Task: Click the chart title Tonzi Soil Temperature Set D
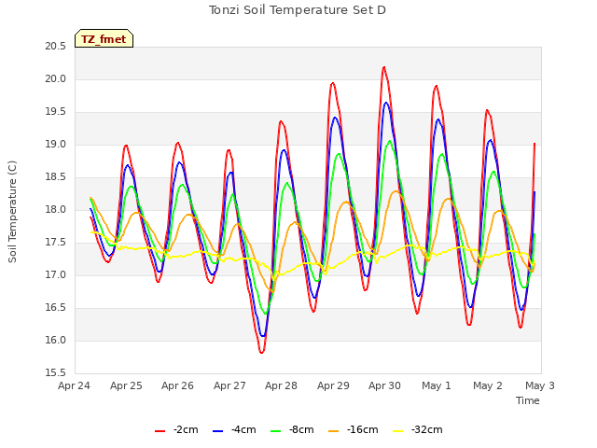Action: pos(298,10)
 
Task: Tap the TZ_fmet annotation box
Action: pos(104,38)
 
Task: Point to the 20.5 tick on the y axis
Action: pos(56,47)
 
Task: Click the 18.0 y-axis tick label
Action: pos(56,210)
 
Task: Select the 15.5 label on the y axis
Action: pos(56,373)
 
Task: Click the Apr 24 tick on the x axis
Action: pos(75,385)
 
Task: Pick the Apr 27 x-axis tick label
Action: pos(229,385)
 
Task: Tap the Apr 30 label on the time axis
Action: pos(384,385)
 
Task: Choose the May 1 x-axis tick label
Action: pos(437,385)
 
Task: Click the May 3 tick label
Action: pos(540,385)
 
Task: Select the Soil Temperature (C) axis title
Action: pos(12,212)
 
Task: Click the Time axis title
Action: pos(528,400)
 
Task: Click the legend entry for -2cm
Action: pos(176,430)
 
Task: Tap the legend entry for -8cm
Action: pos(292,430)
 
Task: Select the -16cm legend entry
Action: pos(354,430)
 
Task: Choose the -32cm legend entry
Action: pos(418,430)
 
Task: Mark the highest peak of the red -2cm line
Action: pos(384,67)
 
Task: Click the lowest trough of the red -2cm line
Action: pos(261,353)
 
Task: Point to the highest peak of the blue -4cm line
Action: pos(386,103)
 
